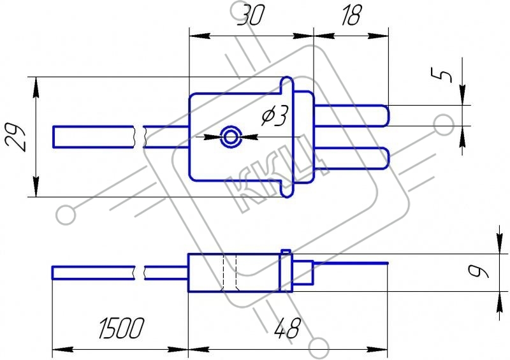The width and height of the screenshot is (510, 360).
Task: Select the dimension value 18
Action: pyautogui.click(x=351, y=15)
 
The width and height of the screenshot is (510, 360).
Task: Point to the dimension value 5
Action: pyautogui.click(x=441, y=75)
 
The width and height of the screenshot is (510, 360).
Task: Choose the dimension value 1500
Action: pyautogui.click(x=121, y=328)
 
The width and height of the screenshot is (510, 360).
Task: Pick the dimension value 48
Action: pyautogui.click(x=287, y=328)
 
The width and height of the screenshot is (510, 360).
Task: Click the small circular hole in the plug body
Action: pyautogui.click(x=231, y=137)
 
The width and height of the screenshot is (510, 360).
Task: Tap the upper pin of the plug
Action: pyautogui.click(x=351, y=116)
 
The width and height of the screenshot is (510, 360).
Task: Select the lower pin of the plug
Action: pyautogui.click(x=351, y=159)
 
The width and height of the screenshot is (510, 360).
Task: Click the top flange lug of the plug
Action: pyautogui.click(x=287, y=85)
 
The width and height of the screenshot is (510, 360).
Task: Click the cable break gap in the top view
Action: pyautogui.click(x=139, y=137)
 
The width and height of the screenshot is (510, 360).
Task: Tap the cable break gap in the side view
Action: pyautogui.click(x=140, y=273)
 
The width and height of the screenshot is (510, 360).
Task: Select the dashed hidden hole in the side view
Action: pyautogui.click(x=229, y=273)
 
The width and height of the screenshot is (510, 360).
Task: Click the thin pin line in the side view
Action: pyautogui.click(x=351, y=263)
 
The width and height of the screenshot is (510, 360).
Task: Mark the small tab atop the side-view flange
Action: pyautogui.click(x=286, y=252)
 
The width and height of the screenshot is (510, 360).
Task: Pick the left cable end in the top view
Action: pyautogui.click(x=54, y=137)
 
